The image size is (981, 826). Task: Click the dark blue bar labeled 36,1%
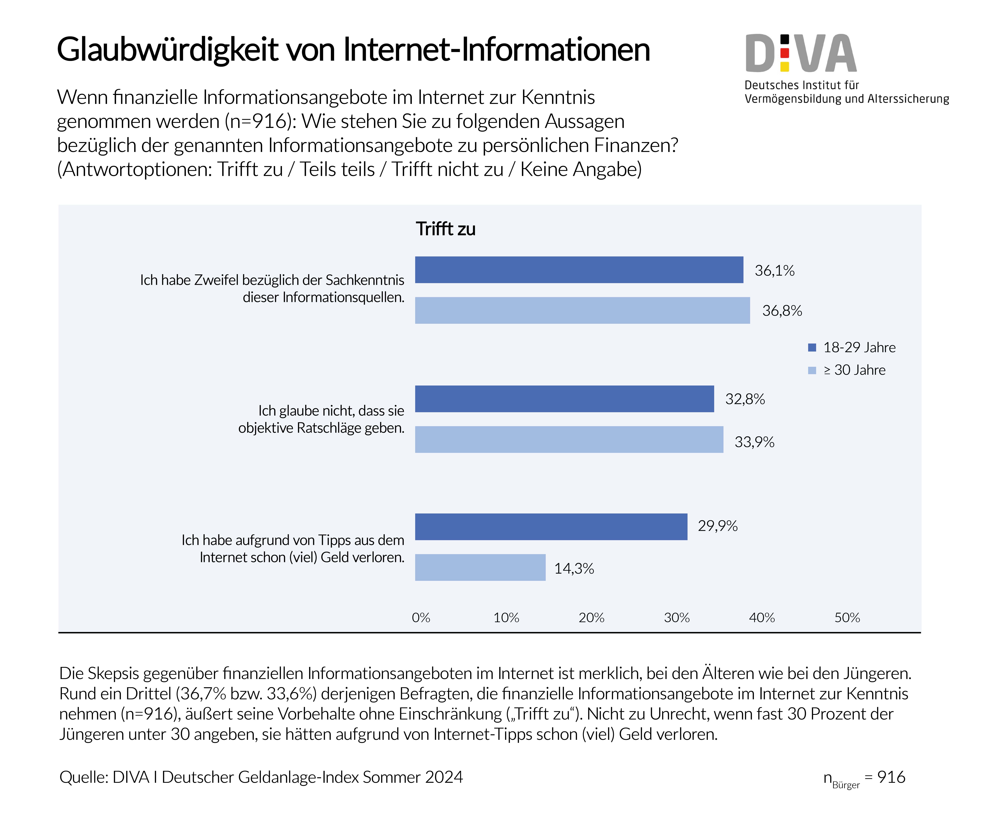click(x=579, y=270)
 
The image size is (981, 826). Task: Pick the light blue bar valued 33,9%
click(x=569, y=439)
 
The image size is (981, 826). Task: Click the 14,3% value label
click(x=574, y=569)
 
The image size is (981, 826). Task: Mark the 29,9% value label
click(x=717, y=526)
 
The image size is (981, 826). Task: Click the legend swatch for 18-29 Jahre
click(x=812, y=347)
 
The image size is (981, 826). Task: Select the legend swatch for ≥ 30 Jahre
click(x=812, y=370)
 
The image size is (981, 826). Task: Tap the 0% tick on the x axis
click(x=421, y=618)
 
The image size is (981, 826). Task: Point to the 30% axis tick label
click(x=677, y=618)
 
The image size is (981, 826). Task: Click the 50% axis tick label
click(x=847, y=618)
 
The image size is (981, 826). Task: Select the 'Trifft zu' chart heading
click(x=446, y=229)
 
